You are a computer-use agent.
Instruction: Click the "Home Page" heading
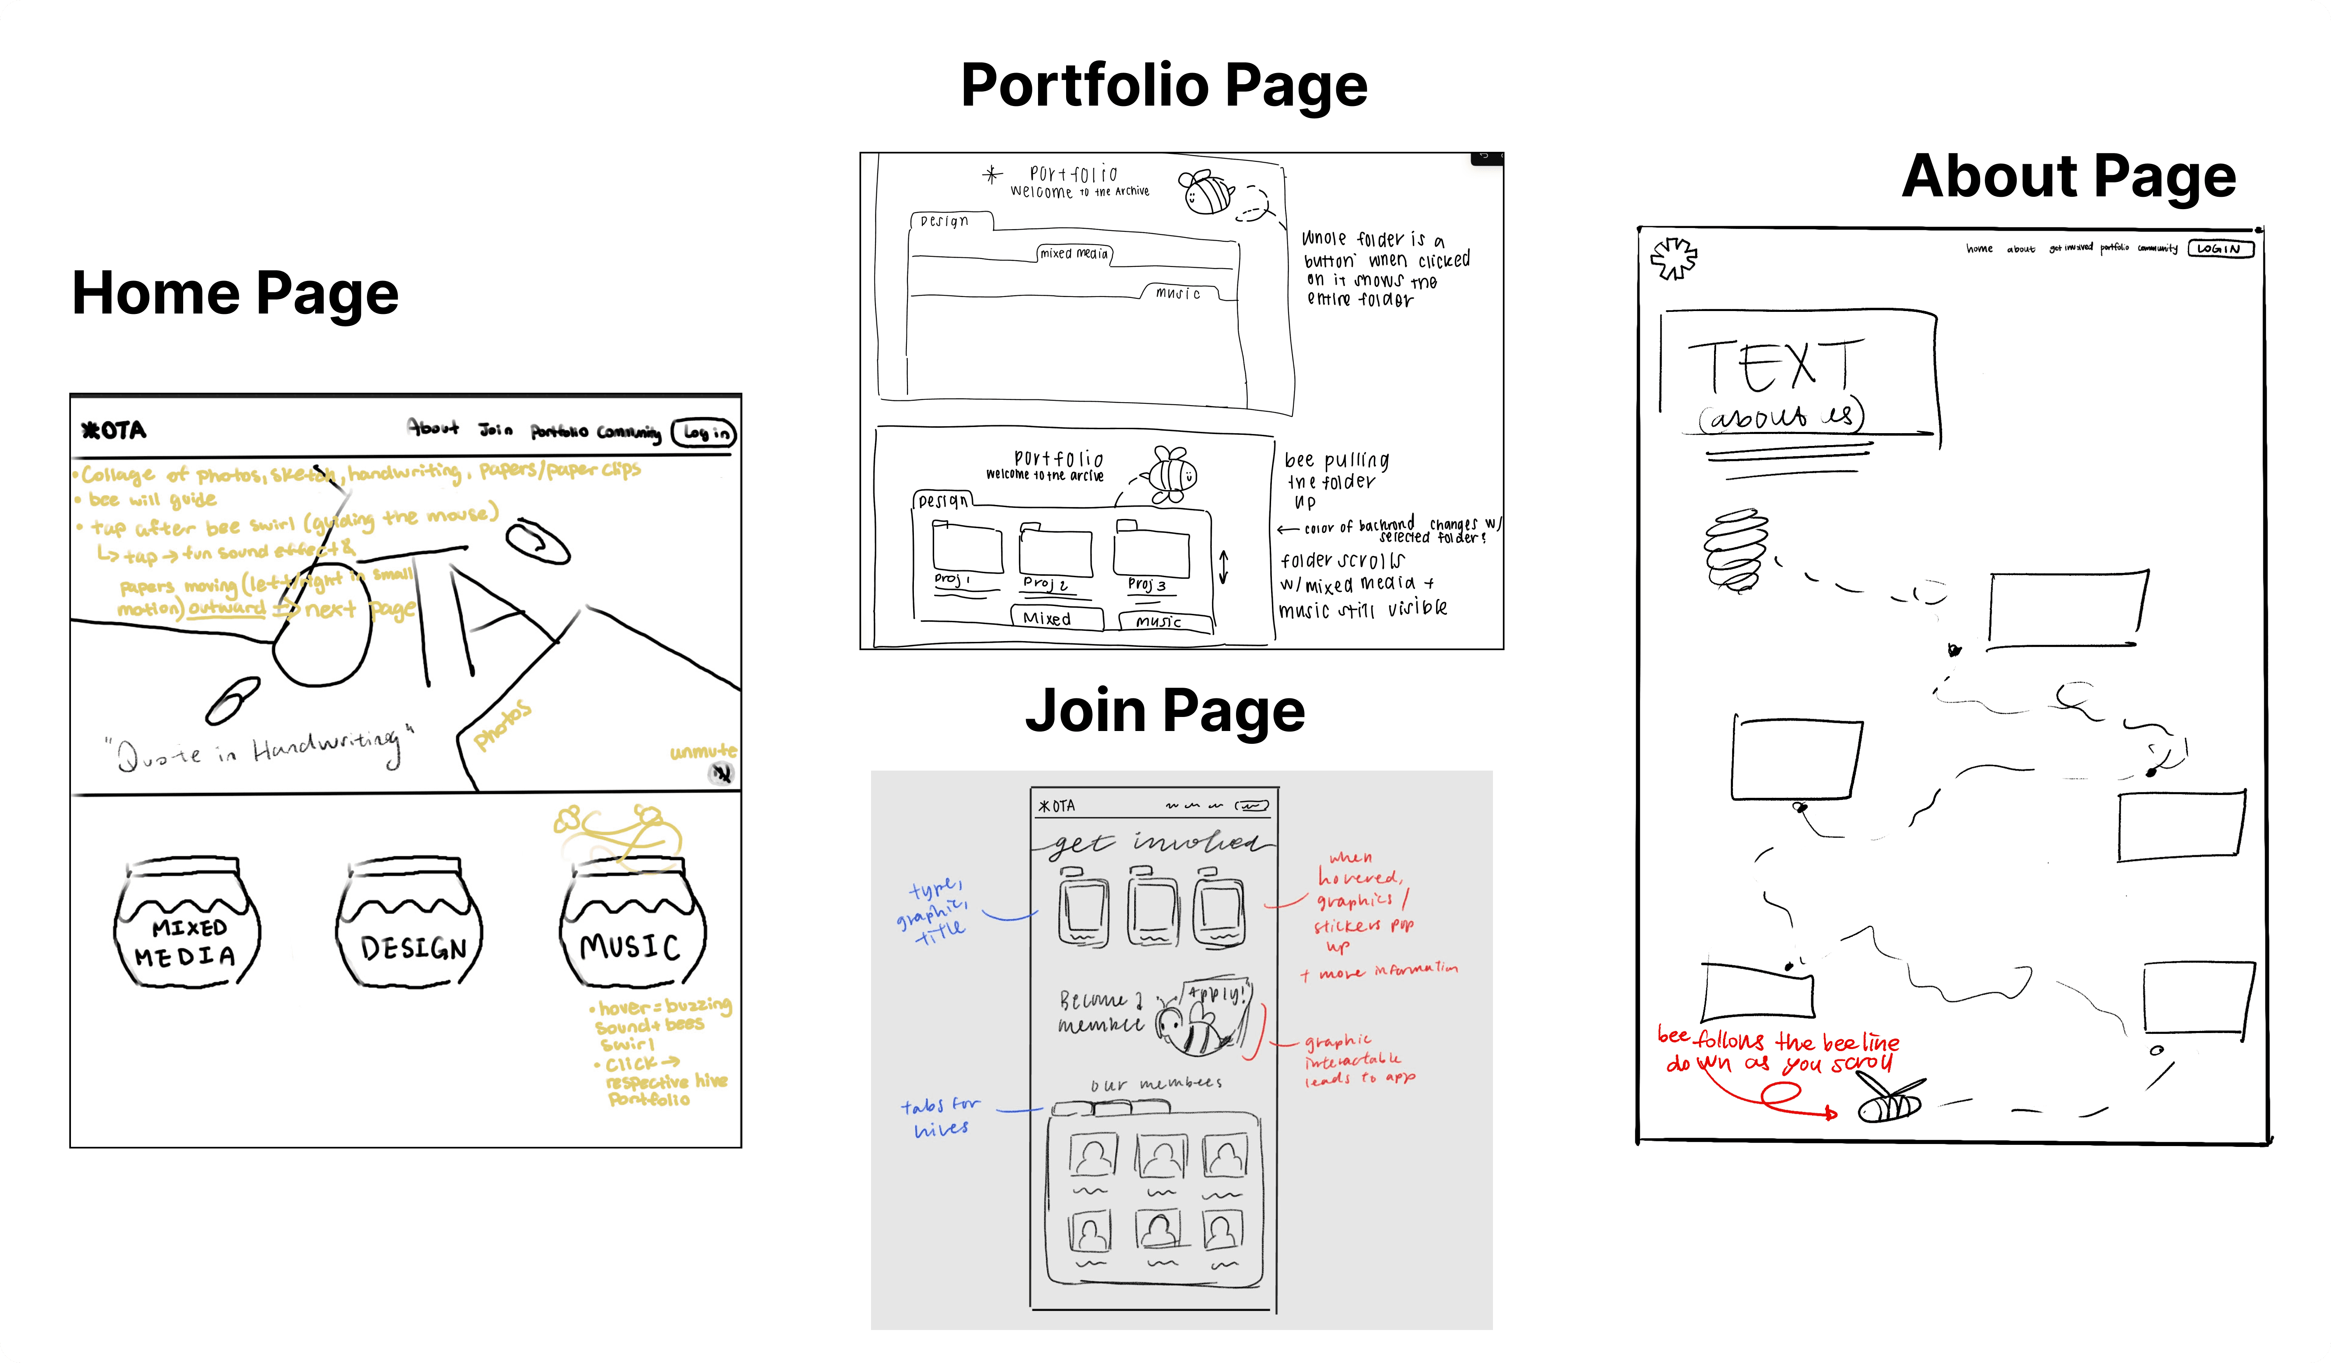[235, 293]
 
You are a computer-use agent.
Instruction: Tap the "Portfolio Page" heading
[1164, 85]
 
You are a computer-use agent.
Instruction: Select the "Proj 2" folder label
[1045, 583]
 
